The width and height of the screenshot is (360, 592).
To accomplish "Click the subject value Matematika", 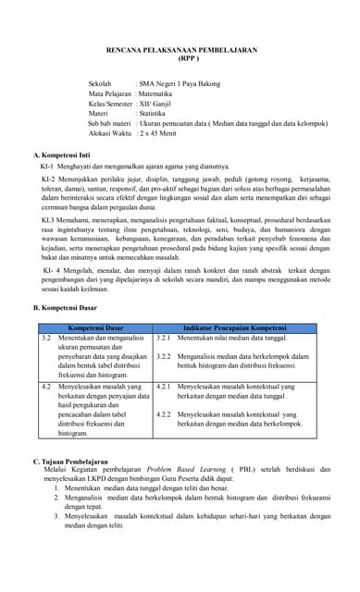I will tap(159, 94).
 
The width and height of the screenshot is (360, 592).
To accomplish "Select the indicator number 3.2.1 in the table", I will tap(163, 339).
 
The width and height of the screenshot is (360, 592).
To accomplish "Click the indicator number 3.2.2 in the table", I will tap(163, 356).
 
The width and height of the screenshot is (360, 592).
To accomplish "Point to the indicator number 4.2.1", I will tap(163, 386).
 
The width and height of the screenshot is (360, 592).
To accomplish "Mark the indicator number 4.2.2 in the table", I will tap(163, 413).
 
